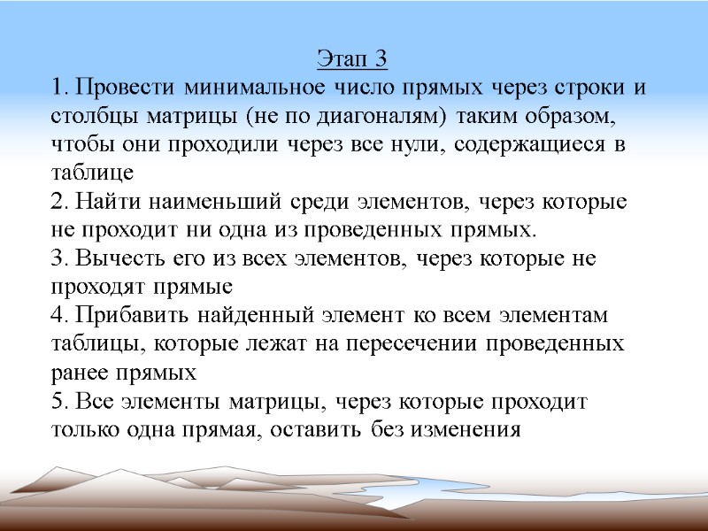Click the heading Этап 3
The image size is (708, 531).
click(352, 60)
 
